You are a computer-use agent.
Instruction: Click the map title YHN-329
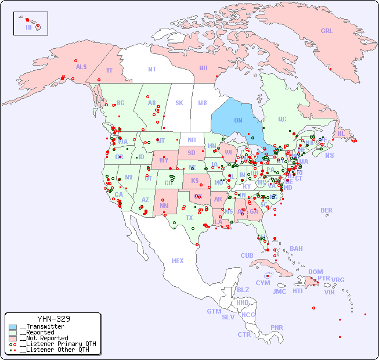53,319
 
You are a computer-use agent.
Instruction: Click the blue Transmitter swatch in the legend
13,327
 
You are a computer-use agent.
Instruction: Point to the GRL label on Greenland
327,31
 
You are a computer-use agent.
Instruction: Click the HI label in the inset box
28,27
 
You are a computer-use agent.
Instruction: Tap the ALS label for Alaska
81,67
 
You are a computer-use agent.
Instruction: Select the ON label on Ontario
238,120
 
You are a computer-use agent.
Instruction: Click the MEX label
178,261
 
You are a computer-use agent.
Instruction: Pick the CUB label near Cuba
247,255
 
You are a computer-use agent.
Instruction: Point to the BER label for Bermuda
327,210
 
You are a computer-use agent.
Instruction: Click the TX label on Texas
189,218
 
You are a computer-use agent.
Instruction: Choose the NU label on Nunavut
203,68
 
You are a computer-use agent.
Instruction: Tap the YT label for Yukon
109,70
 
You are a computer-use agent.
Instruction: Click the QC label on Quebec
282,119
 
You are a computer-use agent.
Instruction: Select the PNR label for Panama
277,327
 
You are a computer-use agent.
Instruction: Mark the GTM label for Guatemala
214,311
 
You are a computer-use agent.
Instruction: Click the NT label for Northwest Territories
152,69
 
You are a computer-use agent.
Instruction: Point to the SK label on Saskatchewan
179,103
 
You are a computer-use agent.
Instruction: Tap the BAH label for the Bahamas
296,249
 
